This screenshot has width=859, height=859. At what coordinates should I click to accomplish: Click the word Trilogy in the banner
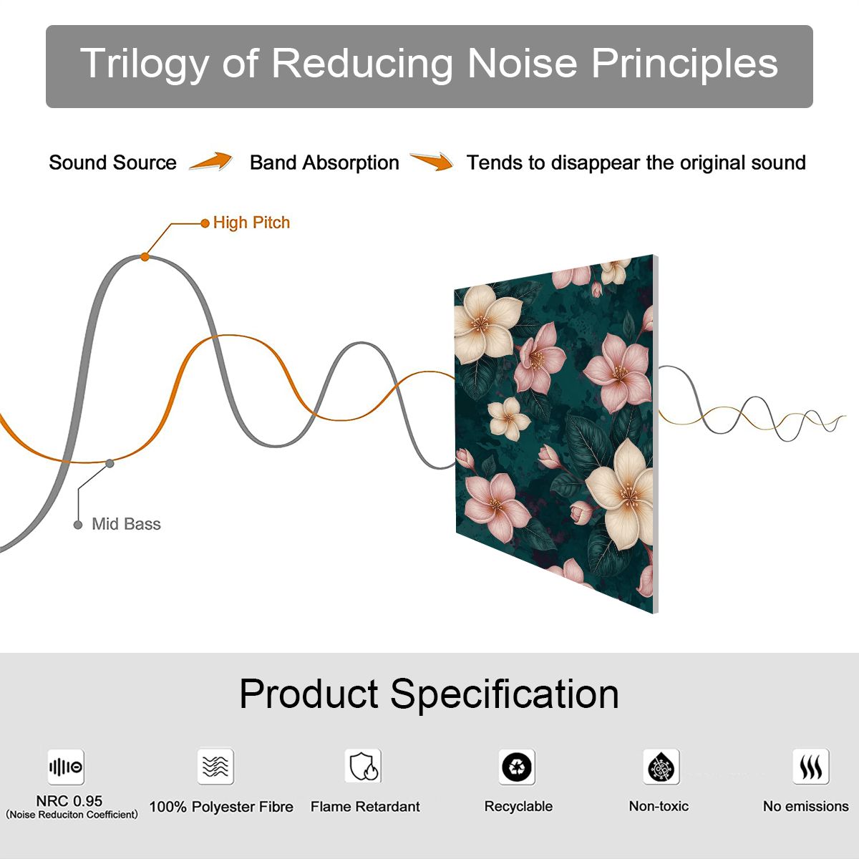tap(144, 64)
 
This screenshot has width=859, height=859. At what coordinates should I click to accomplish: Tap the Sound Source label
tap(113, 162)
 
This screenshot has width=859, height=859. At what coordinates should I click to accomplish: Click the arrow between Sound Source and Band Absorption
tap(211, 161)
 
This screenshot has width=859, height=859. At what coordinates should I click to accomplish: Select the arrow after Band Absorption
tap(432, 161)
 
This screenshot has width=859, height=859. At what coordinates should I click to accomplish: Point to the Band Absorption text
tap(324, 162)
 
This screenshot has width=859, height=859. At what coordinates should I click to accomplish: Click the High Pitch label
tap(251, 223)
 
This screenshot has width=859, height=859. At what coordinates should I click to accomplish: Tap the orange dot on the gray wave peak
tap(145, 257)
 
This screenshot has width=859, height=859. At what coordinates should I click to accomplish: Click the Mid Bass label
tap(126, 524)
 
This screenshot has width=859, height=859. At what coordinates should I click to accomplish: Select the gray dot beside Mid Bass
tap(78, 525)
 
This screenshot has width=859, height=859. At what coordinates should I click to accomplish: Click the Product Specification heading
tap(429, 694)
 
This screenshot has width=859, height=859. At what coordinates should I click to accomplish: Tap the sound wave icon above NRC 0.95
tap(66, 767)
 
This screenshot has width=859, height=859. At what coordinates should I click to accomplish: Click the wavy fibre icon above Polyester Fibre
tap(215, 766)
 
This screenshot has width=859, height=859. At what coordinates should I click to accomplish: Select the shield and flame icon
tap(364, 766)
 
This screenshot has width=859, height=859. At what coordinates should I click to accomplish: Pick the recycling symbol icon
tap(517, 767)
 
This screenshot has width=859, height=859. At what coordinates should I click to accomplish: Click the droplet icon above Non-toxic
tap(661, 767)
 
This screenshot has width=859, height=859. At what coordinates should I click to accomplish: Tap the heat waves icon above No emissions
tap(811, 766)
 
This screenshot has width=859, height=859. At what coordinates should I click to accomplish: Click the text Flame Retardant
tap(365, 807)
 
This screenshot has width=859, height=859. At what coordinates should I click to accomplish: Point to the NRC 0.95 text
tap(69, 801)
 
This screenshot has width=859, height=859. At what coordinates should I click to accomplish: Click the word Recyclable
tap(518, 807)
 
